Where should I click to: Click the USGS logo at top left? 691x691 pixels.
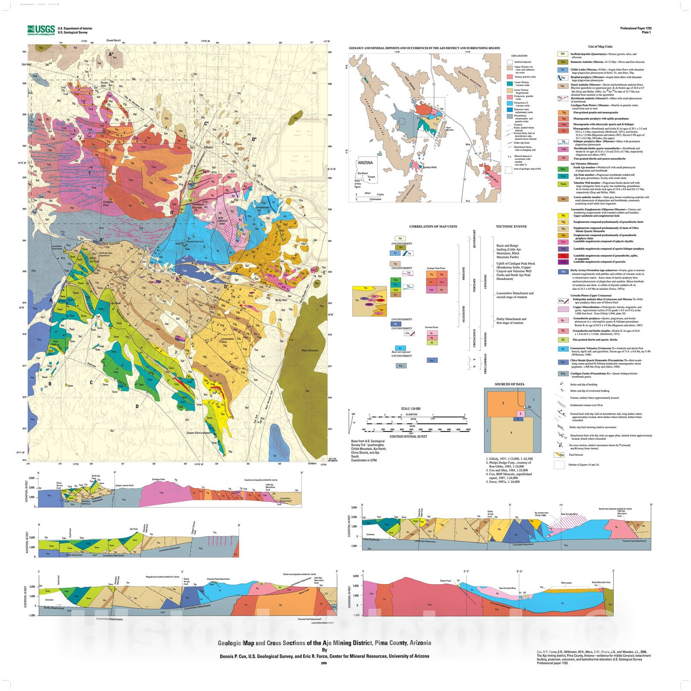pos(41,30)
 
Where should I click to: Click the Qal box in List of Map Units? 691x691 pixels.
pos(562,54)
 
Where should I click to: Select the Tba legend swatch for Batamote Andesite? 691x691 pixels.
pos(562,62)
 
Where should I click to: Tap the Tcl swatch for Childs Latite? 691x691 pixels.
pos(562,70)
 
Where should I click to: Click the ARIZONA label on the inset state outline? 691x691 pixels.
pos(365,163)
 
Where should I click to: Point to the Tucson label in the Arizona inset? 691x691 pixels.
pos(371,177)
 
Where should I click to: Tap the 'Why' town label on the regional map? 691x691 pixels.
pos(468,145)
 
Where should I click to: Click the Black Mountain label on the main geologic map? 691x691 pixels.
pos(310,351)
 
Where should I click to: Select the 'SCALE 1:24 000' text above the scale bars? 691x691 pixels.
pos(410,409)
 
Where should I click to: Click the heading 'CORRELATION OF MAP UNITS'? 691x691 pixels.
pos(433,227)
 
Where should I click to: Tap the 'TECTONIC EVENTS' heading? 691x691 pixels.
pos(511,227)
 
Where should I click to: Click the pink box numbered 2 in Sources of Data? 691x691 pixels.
pos(520,414)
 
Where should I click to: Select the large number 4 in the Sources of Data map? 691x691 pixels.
pos(511,433)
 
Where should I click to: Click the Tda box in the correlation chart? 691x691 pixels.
pos(395,324)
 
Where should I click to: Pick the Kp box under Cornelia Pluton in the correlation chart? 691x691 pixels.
pos(431,333)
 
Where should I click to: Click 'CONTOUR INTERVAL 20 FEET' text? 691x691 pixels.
pos(408,437)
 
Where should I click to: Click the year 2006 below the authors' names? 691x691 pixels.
pos(324,663)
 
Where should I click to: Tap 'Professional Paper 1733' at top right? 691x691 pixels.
pos(636,29)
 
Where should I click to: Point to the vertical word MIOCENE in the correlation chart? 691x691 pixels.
pos(464,273)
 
